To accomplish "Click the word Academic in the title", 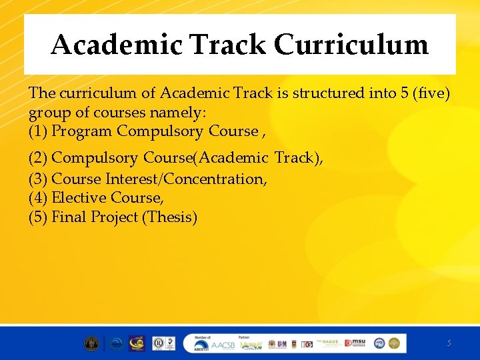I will coord(116,45).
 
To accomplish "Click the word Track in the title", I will coord(227,45).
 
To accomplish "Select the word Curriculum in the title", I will coord(351,45).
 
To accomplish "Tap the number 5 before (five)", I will coord(405,93).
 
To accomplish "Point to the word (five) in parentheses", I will coord(432,93).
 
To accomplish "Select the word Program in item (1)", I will coord(81,131).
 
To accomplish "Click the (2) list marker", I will coord(38,158).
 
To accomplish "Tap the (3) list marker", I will coord(38,179).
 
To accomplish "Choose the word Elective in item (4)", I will coord(79,198).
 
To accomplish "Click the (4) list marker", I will coord(38,198).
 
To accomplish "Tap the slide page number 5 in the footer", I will coord(449,343).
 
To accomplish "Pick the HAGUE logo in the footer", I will coord(329,343).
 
